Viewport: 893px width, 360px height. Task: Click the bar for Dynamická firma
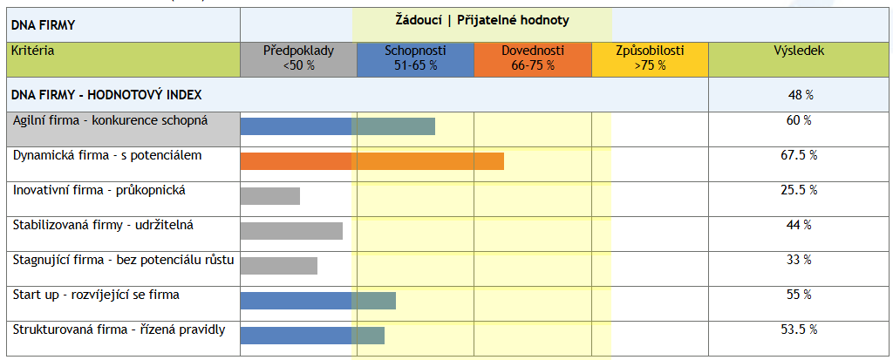click(372, 160)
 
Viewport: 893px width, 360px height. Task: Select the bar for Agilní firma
click(337, 126)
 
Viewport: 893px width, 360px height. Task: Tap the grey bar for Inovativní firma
click(269, 195)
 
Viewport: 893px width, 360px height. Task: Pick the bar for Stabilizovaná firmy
click(291, 230)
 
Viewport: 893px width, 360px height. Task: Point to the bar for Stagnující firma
click(278, 265)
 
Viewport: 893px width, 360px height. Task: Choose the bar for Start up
click(317, 300)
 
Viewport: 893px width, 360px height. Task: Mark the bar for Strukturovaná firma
click(312, 335)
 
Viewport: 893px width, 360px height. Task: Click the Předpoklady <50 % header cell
click(298, 58)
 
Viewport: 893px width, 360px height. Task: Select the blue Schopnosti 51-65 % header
click(415, 58)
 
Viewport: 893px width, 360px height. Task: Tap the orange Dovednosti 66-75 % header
click(533, 58)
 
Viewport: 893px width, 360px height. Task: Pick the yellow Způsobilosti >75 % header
click(650, 58)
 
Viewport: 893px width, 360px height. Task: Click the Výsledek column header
click(799, 51)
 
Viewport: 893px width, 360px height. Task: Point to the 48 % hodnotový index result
click(799, 94)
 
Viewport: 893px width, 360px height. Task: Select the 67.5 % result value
click(799, 155)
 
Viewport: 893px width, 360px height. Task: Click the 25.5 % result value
click(799, 190)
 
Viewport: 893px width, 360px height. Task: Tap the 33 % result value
click(799, 260)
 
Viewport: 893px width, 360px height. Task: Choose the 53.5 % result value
click(799, 329)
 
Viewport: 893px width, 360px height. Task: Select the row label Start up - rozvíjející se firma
click(96, 295)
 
